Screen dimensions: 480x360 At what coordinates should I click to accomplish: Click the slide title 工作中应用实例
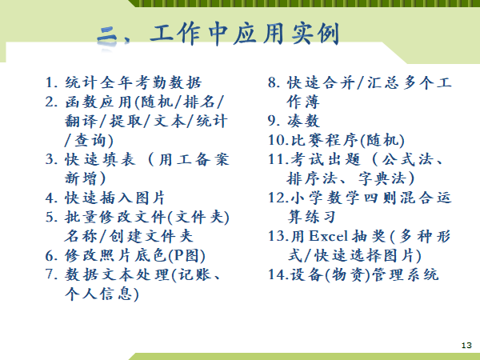pyautogui.click(x=245, y=34)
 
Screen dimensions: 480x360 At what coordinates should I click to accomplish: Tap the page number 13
pyautogui.click(x=466, y=346)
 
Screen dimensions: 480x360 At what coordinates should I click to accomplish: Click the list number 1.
pyautogui.click(x=51, y=82)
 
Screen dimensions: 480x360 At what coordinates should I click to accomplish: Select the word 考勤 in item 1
pyautogui.click(x=145, y=82)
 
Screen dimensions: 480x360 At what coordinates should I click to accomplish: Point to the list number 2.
pyautogui.click(x=51, y=102)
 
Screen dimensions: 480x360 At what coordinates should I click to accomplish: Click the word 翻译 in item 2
pyautogui.click(x=81, y=122)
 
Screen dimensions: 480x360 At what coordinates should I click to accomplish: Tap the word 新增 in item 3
pyautogui.click(x=81, y=178)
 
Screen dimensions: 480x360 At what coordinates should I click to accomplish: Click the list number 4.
pyautogui.click(x=51, y=198)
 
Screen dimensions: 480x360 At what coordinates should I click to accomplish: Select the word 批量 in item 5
pyautogui.click(x=81, y=218)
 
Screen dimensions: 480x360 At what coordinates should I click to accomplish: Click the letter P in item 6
pyautogui.click(x=179, y=256)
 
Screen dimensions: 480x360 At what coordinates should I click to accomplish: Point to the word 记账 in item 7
pyautogui.click(x=195, y=275)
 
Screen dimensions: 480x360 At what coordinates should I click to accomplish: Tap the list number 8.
pyautogui.click(x=274, y=82)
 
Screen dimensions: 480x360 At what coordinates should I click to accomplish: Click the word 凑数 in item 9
pyautogui.click(x=303, y=122)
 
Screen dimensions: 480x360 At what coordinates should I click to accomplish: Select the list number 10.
pyautogui.click(x=278, y=141)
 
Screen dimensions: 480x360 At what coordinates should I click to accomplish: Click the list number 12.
pyautogui.click(x=278, y=198)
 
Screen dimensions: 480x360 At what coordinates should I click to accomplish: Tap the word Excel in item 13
pyautogui.click(x=328, y=236)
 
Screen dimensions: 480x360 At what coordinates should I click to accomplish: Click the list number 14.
pyautogui.click(x=278, y=275)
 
